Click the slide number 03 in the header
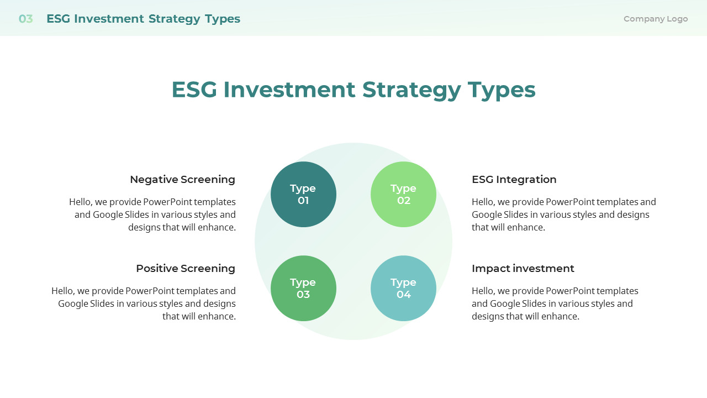[25, 19]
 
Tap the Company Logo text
[656, 19]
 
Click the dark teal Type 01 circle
[303, 194]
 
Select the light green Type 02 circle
[403, 194]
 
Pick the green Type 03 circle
[303, 289]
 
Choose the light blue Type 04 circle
[403, 289]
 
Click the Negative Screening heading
[183, 180]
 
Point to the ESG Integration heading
[514, 180]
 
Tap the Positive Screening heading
[186, 269]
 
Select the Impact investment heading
[523, 269]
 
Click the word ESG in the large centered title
[194, 90]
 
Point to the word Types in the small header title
[223, 19]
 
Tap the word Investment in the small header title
[109, 19]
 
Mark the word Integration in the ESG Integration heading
[526, 180]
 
